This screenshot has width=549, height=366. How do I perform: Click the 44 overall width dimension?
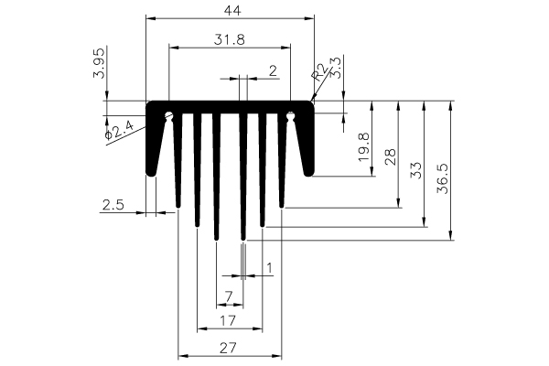click(x=232, y=10)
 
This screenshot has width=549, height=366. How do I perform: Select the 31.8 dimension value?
click(x=230, y=39)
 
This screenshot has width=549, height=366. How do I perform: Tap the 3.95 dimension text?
click(x=99, y=63)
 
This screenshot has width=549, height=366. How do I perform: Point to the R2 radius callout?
click(x=319, y=72)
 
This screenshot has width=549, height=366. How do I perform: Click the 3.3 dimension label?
click(x=336, y=68)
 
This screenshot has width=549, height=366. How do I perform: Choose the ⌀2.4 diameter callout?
click(x=119, y=130)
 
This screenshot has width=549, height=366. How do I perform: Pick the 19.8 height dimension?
click(x=364, y=146)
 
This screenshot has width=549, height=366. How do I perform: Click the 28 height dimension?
click(x=391, y=156)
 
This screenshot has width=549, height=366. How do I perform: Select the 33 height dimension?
click(x=416, y=170)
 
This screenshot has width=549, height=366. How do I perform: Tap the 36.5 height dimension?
click(x=443, y=178)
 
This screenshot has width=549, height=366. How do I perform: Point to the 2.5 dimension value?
click(x=113, y=205)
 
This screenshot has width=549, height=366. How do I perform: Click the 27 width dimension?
click(x=228, y=348)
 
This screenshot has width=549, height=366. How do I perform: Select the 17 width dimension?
click(x=228, y=320)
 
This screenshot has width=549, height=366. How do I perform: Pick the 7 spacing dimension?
click(x=228, y=297)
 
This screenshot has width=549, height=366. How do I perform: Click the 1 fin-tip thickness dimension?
click(x=269, y=268)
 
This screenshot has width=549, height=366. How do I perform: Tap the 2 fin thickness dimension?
click(x=273, y=70)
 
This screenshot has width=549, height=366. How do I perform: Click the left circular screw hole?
click(x=169, y=115)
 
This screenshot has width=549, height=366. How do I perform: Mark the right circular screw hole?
click(x=290, y=115)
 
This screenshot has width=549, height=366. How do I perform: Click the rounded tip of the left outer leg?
click(x=151, y=173)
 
